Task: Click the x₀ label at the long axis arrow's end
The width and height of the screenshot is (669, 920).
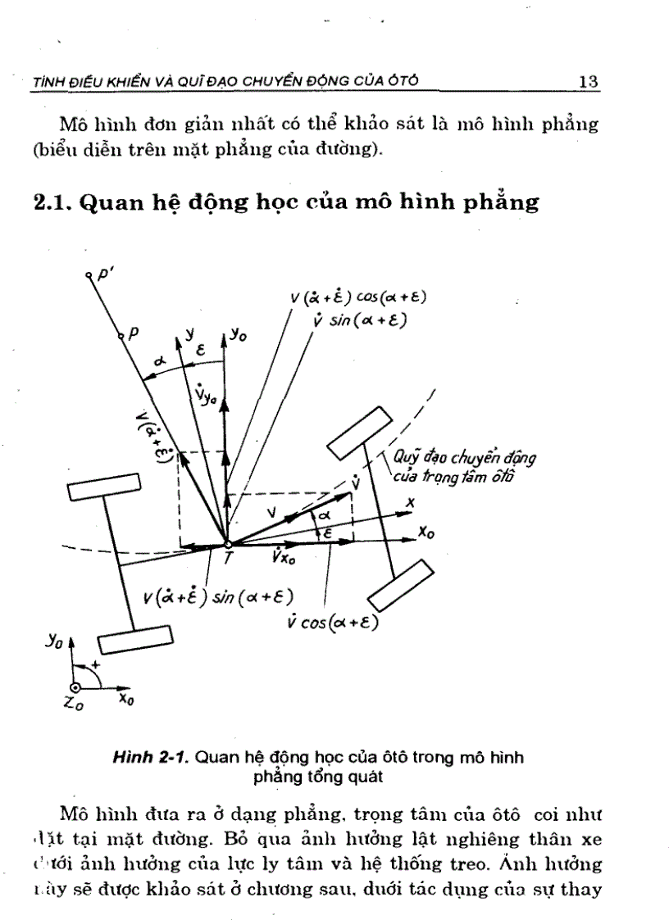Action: [426, 533]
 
